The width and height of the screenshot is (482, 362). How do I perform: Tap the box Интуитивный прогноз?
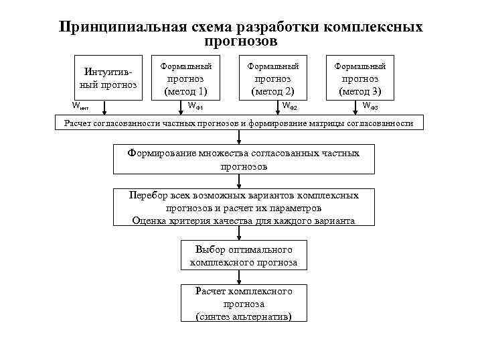108,78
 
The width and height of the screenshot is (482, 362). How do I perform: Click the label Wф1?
195,106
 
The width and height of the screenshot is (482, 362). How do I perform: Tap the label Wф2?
289,106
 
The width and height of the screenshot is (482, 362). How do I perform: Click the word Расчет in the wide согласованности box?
78,123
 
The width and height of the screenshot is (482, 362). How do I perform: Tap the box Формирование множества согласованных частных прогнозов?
244,160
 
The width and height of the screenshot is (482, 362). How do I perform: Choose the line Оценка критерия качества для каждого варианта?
244,220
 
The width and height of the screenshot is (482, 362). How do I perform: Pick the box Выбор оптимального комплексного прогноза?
244,256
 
